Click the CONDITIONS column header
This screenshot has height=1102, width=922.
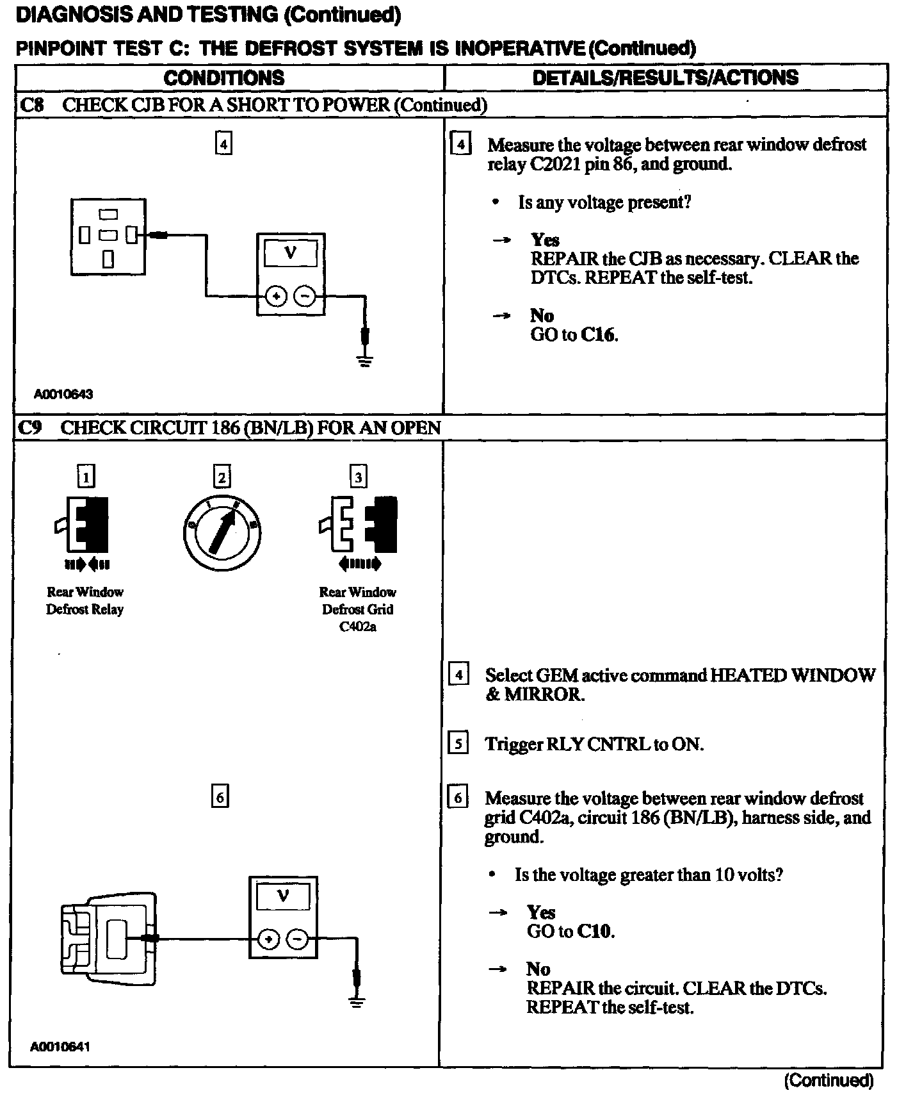(x=224, y=78)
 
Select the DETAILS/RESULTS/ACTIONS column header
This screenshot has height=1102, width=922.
(x=665, y=78)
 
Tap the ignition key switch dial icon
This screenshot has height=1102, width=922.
(x=222, y=533)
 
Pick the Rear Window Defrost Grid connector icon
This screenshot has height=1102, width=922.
(x=359, y=525)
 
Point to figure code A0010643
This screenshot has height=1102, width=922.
(x=63, y=394)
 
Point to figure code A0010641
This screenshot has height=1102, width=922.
(x=60, y=1046)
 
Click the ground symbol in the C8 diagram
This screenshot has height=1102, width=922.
(x=365, y=362)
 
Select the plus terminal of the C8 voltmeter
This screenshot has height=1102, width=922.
(x=276, y=297)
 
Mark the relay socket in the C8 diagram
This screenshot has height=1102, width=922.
(x=108, y=236)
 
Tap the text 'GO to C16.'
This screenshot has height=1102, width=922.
(x=574, y=334)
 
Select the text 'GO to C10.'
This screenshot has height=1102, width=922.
(x=570, y=931)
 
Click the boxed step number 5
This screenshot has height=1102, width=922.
(x=458, y=743)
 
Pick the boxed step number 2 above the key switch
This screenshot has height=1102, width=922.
(x=222, y=477)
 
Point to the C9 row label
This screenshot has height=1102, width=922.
(x=29, y=427)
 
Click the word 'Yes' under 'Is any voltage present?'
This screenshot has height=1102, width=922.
(x=545, y=240)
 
